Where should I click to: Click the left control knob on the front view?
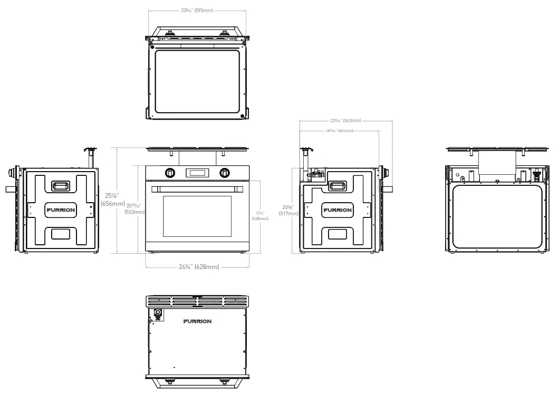pos(170,172)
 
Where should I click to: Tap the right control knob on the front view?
pos(225,172)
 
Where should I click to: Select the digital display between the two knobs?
pos(197,172)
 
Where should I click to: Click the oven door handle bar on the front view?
pos(197,188)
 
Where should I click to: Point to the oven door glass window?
pos(197,216)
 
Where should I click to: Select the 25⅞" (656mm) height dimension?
pos(112,200)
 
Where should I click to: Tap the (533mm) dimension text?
pos(134,212)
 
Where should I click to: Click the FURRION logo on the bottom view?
pos(197,321)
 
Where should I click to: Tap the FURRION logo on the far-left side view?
pos(60,210)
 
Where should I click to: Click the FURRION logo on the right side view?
pos(337,210)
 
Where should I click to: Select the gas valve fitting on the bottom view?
pos(157,314)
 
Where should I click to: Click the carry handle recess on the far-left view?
pos(60,185)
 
